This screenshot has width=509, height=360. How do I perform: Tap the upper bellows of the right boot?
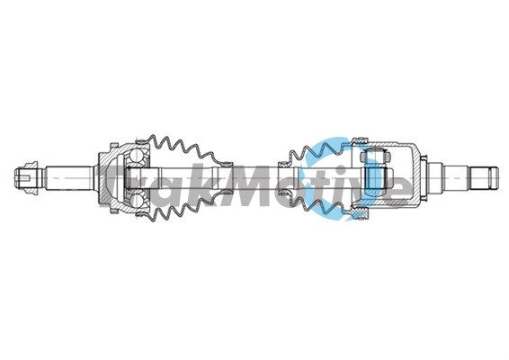point(319,148)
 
